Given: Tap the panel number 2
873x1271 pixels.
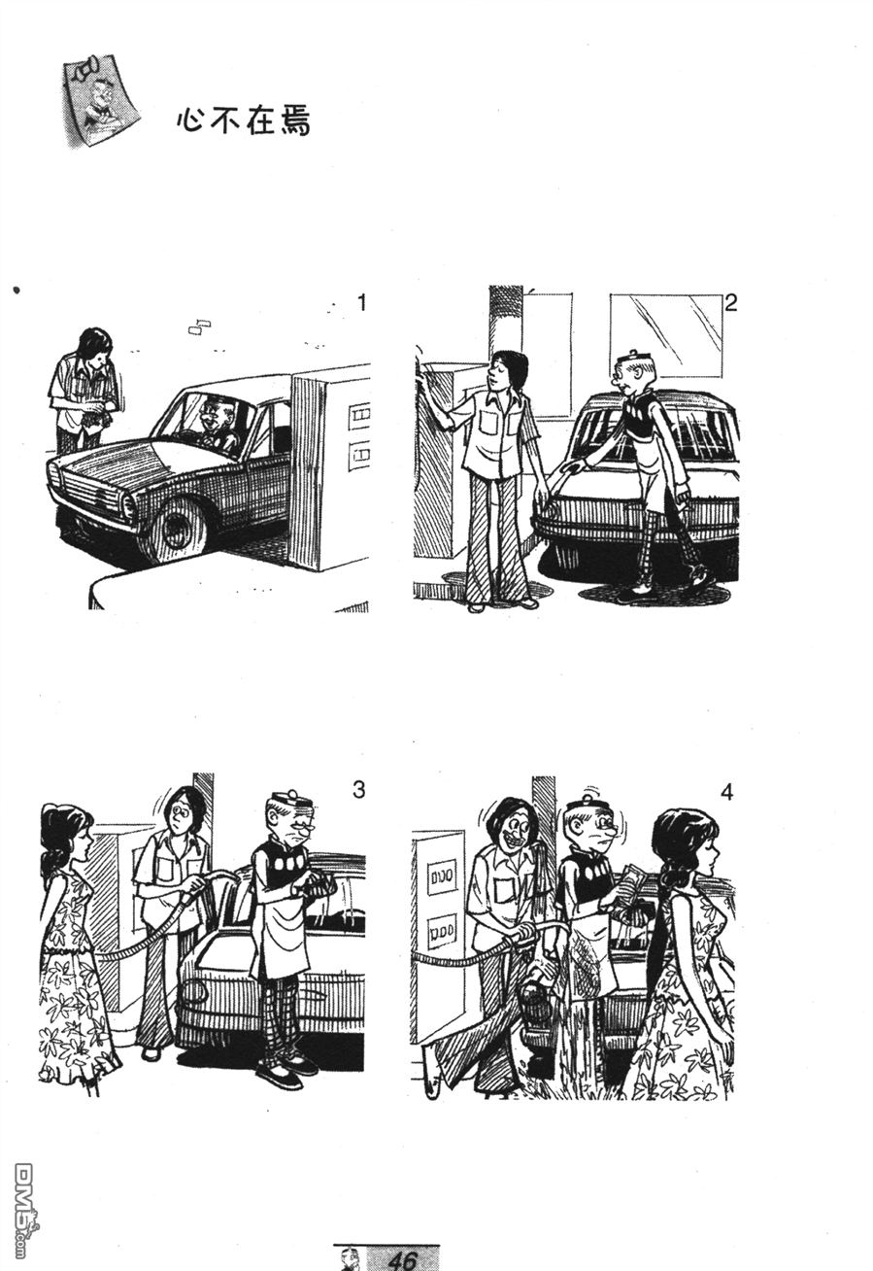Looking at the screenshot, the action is tap(730, 303).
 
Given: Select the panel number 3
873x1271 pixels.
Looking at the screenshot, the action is tap(359, 790).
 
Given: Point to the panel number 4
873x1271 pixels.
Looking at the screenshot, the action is tap(726, 792).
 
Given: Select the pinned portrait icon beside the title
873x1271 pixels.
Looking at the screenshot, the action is tap(100, 100).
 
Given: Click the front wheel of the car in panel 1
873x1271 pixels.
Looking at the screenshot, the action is tap(176, 528).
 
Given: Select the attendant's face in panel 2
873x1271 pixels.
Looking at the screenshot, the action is tap(499, 378).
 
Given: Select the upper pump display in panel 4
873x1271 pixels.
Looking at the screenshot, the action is tap(442, 876).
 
